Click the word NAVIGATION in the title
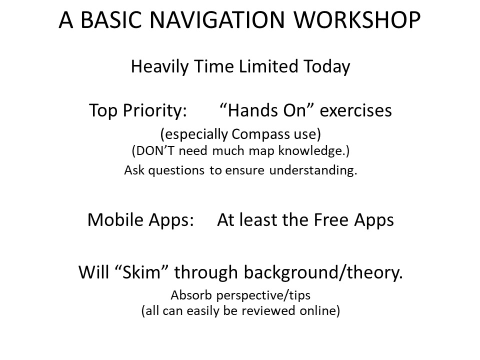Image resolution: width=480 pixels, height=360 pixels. click(217, 20)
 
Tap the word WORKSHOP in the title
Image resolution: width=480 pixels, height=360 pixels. click(357, 20)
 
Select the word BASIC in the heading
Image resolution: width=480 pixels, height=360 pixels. click(111, 20)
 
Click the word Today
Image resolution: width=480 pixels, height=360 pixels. click(327, 66)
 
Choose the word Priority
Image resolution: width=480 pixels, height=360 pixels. click(155, 110)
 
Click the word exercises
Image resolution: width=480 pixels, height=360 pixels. click(355, 110)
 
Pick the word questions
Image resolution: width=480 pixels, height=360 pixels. click(176, 170)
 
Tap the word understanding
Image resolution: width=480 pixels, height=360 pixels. click(313, 170)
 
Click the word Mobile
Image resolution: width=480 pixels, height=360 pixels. click(115, 220)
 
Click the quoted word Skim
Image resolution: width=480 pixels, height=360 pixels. click(141, 272)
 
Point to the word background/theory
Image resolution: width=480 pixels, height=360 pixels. click(323, 272)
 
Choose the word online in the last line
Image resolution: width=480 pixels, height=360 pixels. click(318, 310)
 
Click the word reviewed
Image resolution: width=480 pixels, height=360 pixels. click(268, 310)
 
